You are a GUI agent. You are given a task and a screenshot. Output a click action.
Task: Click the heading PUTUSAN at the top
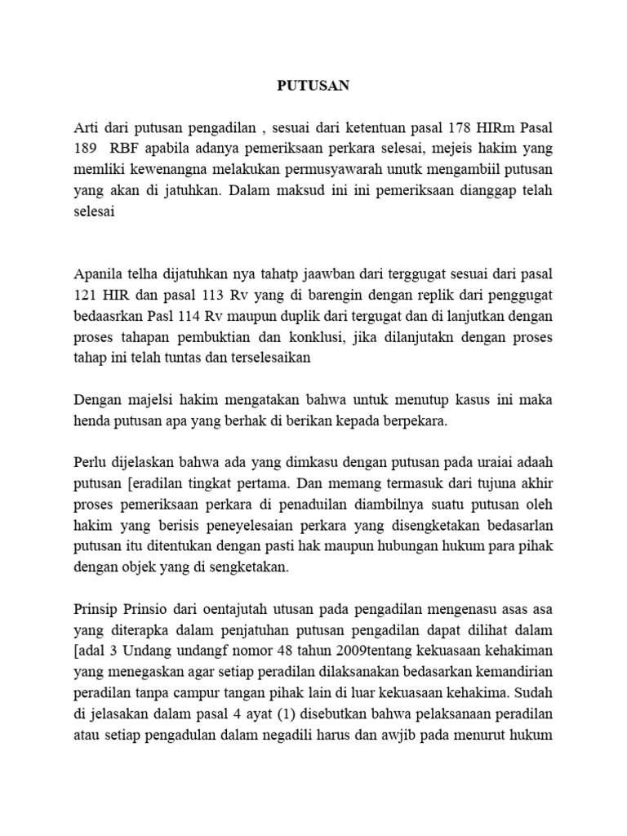pos(313,84)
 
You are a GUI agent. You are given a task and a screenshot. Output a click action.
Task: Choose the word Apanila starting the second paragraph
pos(100,271)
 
